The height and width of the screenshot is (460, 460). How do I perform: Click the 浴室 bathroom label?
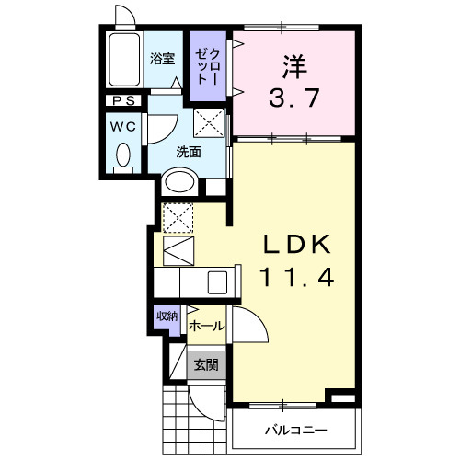(x=163, y=59)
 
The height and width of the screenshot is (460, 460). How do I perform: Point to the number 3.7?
(x=294, y=97)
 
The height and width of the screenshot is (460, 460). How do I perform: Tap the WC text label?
(x=122, y=126)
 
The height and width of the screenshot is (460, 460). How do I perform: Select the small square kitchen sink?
(x=219, y=280)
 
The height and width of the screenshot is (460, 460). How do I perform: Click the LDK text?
(x=296, y=247)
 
